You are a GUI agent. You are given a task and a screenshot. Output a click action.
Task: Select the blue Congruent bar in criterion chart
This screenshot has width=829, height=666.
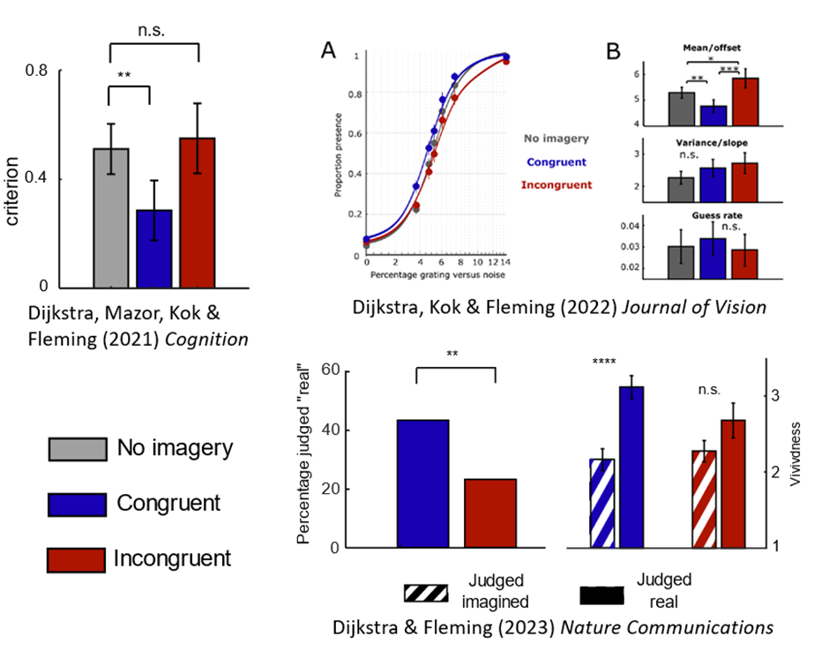click(154, 249)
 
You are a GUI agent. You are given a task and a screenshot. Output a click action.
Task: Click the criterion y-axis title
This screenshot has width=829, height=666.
click(14, 191)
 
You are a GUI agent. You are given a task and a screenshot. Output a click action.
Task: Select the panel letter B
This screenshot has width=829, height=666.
click(615, 52)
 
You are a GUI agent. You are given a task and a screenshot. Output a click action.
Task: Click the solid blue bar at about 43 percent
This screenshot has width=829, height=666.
click(423, 483)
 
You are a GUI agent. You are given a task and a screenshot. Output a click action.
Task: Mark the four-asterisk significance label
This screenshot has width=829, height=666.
click(604, 361)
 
